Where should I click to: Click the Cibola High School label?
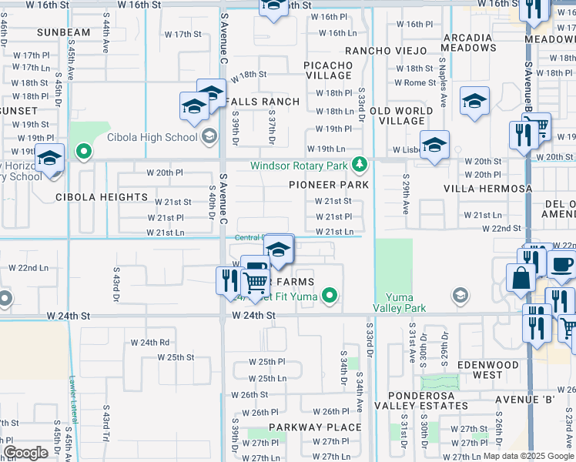pos(152,138)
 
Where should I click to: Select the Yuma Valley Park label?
pos(404,303)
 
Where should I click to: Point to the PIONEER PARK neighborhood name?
pos(329,185)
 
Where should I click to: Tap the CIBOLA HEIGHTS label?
pos(101,197)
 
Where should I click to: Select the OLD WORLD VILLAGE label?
pos(402,115)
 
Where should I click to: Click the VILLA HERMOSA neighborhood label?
pos(498,189)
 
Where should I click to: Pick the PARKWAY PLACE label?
pos(315,427)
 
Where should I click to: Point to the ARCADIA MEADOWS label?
pos(468,42)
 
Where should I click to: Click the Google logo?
pos(25,452)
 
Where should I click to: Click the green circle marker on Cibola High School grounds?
pos(83,152)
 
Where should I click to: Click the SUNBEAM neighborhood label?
pos(64,32)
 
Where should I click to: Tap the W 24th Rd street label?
pos(149,342)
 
